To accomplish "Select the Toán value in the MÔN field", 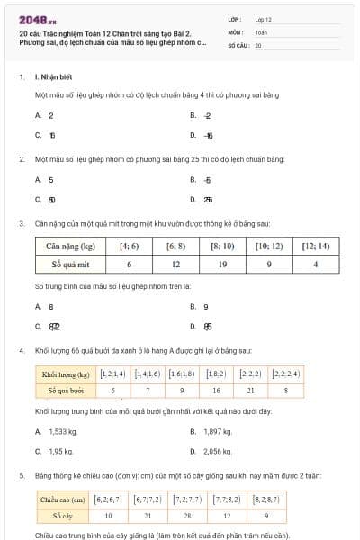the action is tap(261, 31).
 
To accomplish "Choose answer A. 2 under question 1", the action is tap(45, 115).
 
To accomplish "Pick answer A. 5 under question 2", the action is tap(45, 180).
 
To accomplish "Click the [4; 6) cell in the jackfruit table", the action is tap(130, 246).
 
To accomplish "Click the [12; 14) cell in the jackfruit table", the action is tap(316, 246).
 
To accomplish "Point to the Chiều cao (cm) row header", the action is tap(62, 498).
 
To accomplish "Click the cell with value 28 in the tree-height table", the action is tap(188, 516).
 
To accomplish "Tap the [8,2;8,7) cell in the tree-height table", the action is tap(267, 498).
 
